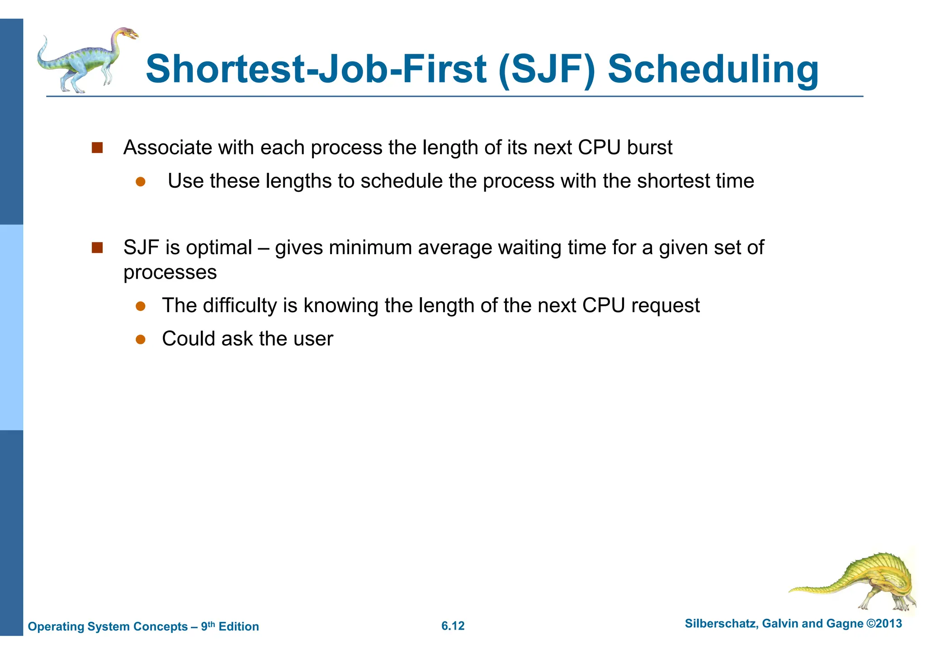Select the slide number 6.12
[x=453, y=626]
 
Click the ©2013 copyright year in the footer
[x=884, y=623]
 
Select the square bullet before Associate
[x=97, y=148]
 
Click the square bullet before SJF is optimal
[x=97, y=248]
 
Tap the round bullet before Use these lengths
[x=141, y=182]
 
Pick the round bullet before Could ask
[x=141, y=339]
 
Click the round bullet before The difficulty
[x=141, y=306]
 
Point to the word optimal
[x=219, y=248]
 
